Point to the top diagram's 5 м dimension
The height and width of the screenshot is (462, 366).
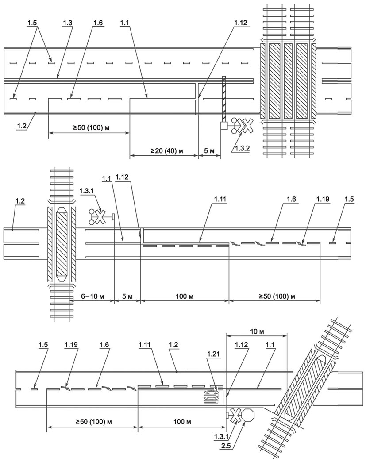point(209,151)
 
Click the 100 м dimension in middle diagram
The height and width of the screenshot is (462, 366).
point(185,296)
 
